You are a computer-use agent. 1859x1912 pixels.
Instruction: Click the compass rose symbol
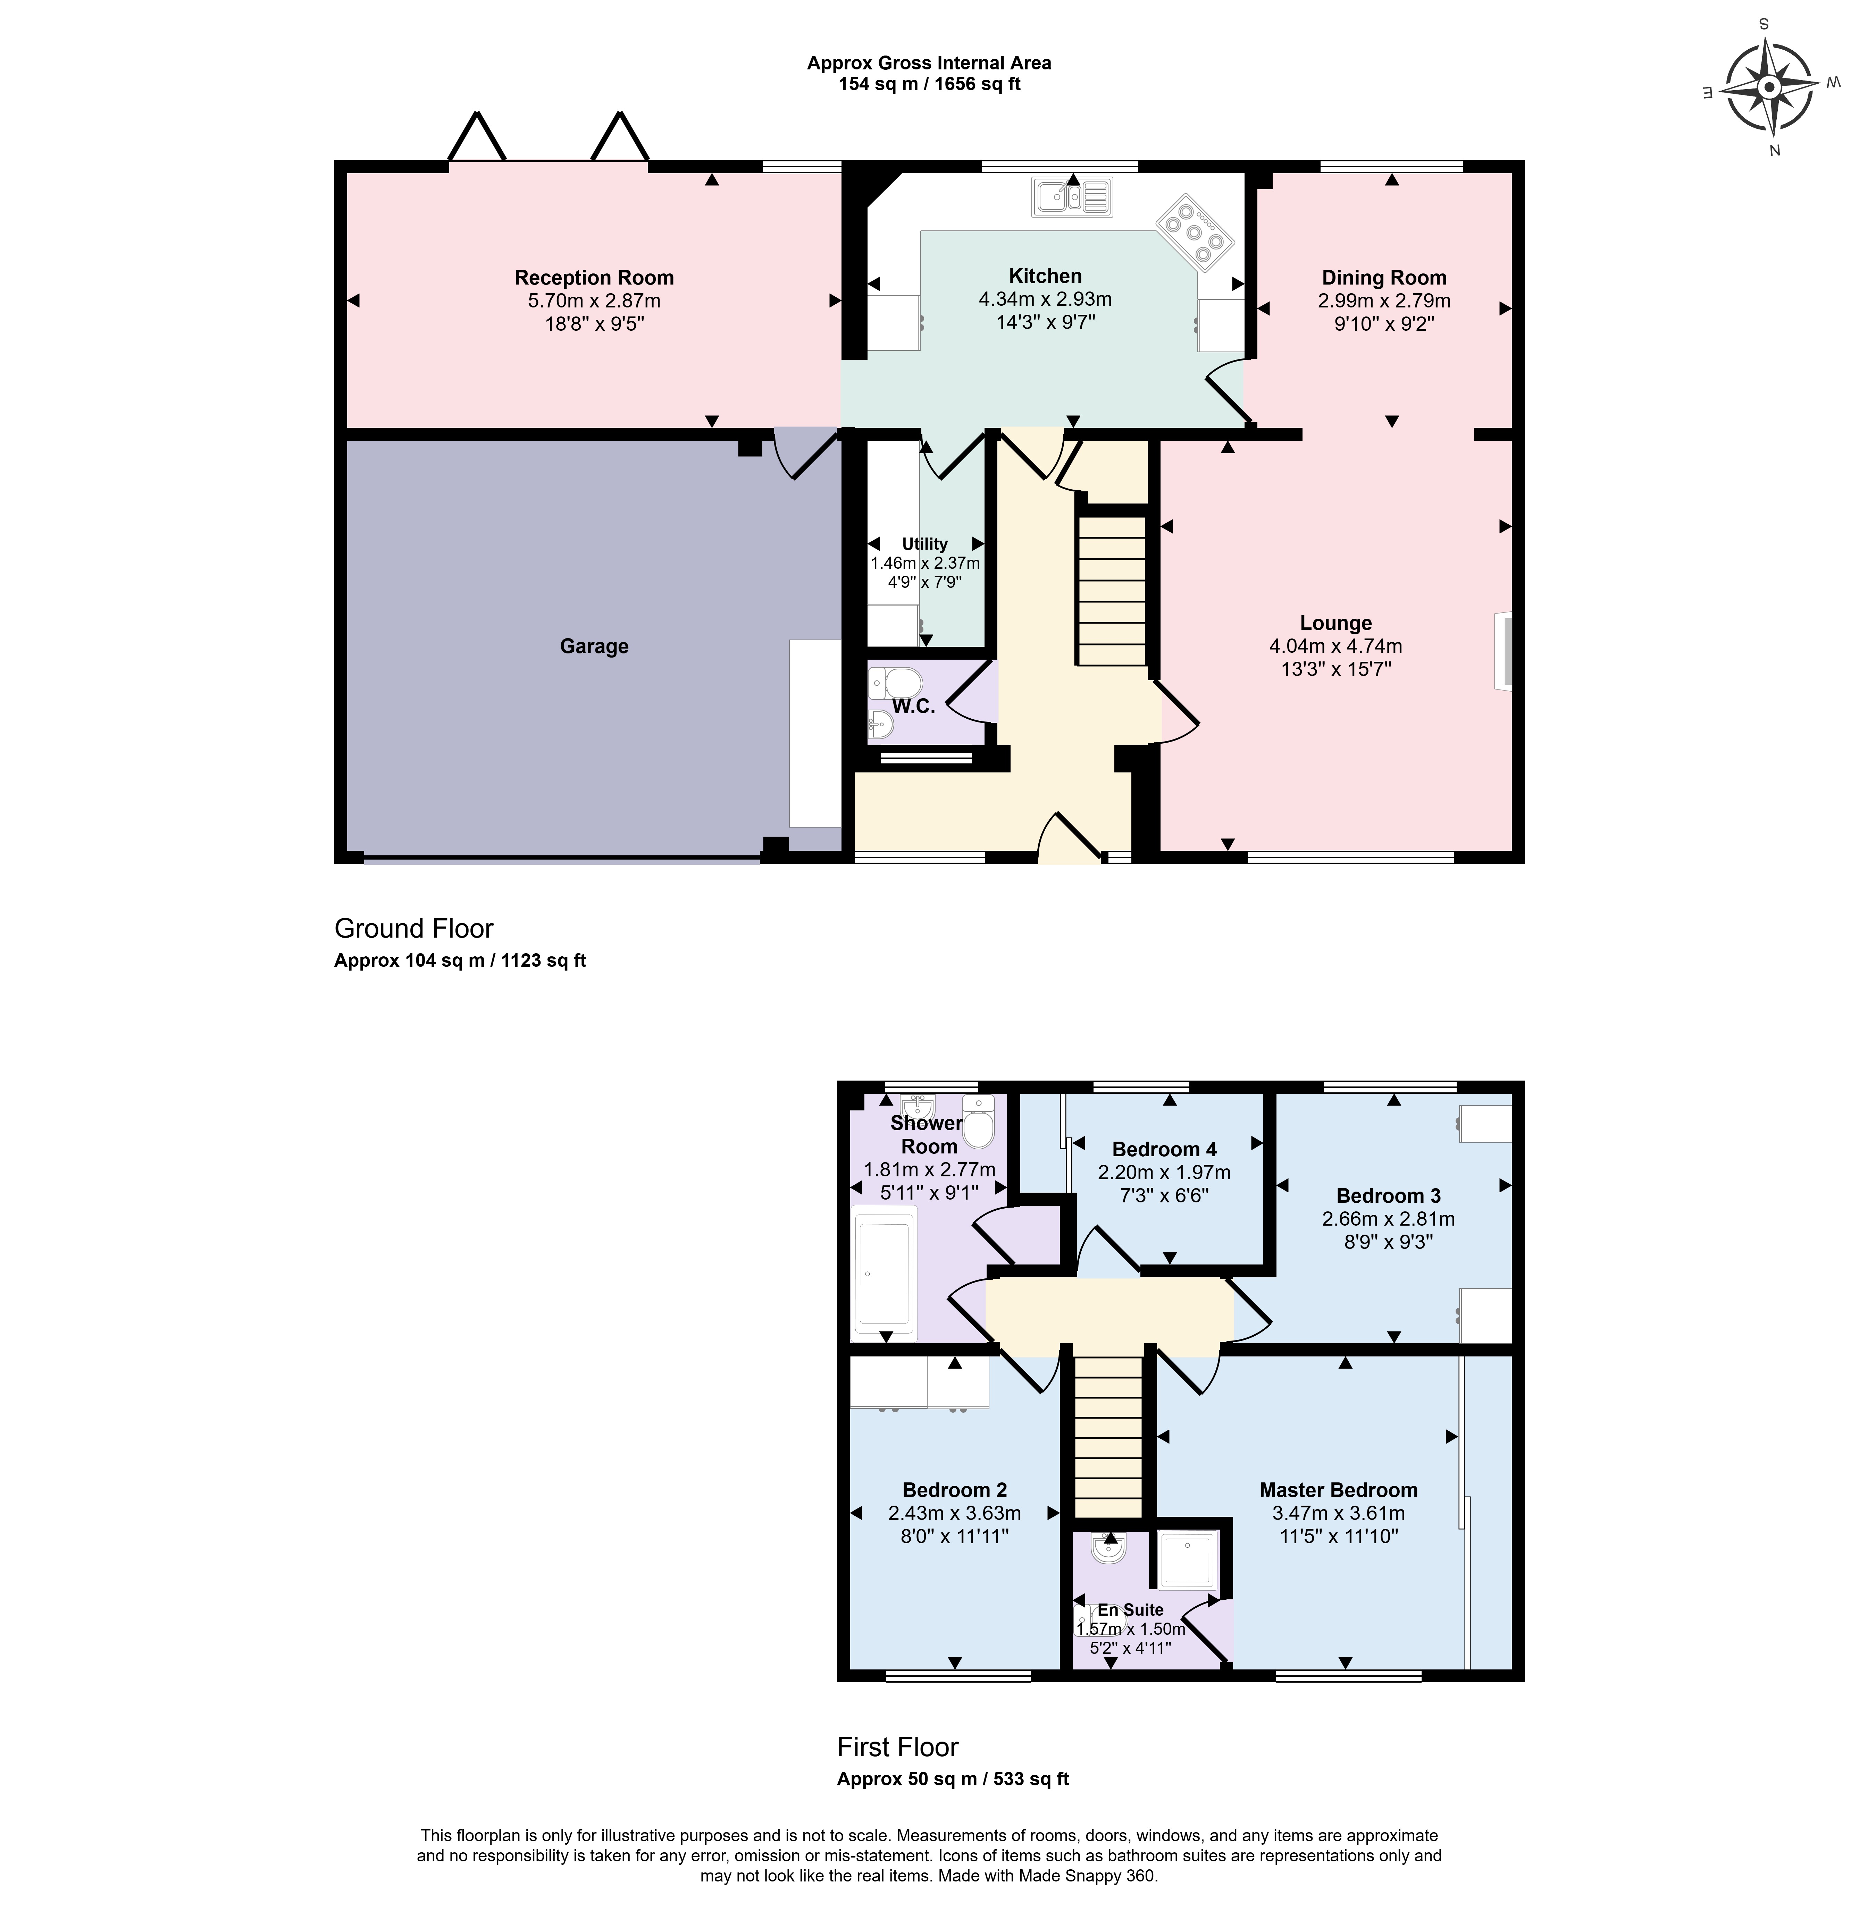tap(1769, 89)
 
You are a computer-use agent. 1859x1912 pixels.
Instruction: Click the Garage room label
tap(594, 646)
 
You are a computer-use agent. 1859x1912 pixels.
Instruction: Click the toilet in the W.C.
tap(895, 681)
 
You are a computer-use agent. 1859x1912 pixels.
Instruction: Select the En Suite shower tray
tap(1187, 1560)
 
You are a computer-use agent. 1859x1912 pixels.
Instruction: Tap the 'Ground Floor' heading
tap(414, 928)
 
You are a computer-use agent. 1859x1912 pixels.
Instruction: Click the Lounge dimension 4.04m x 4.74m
tap(1336, 646)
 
